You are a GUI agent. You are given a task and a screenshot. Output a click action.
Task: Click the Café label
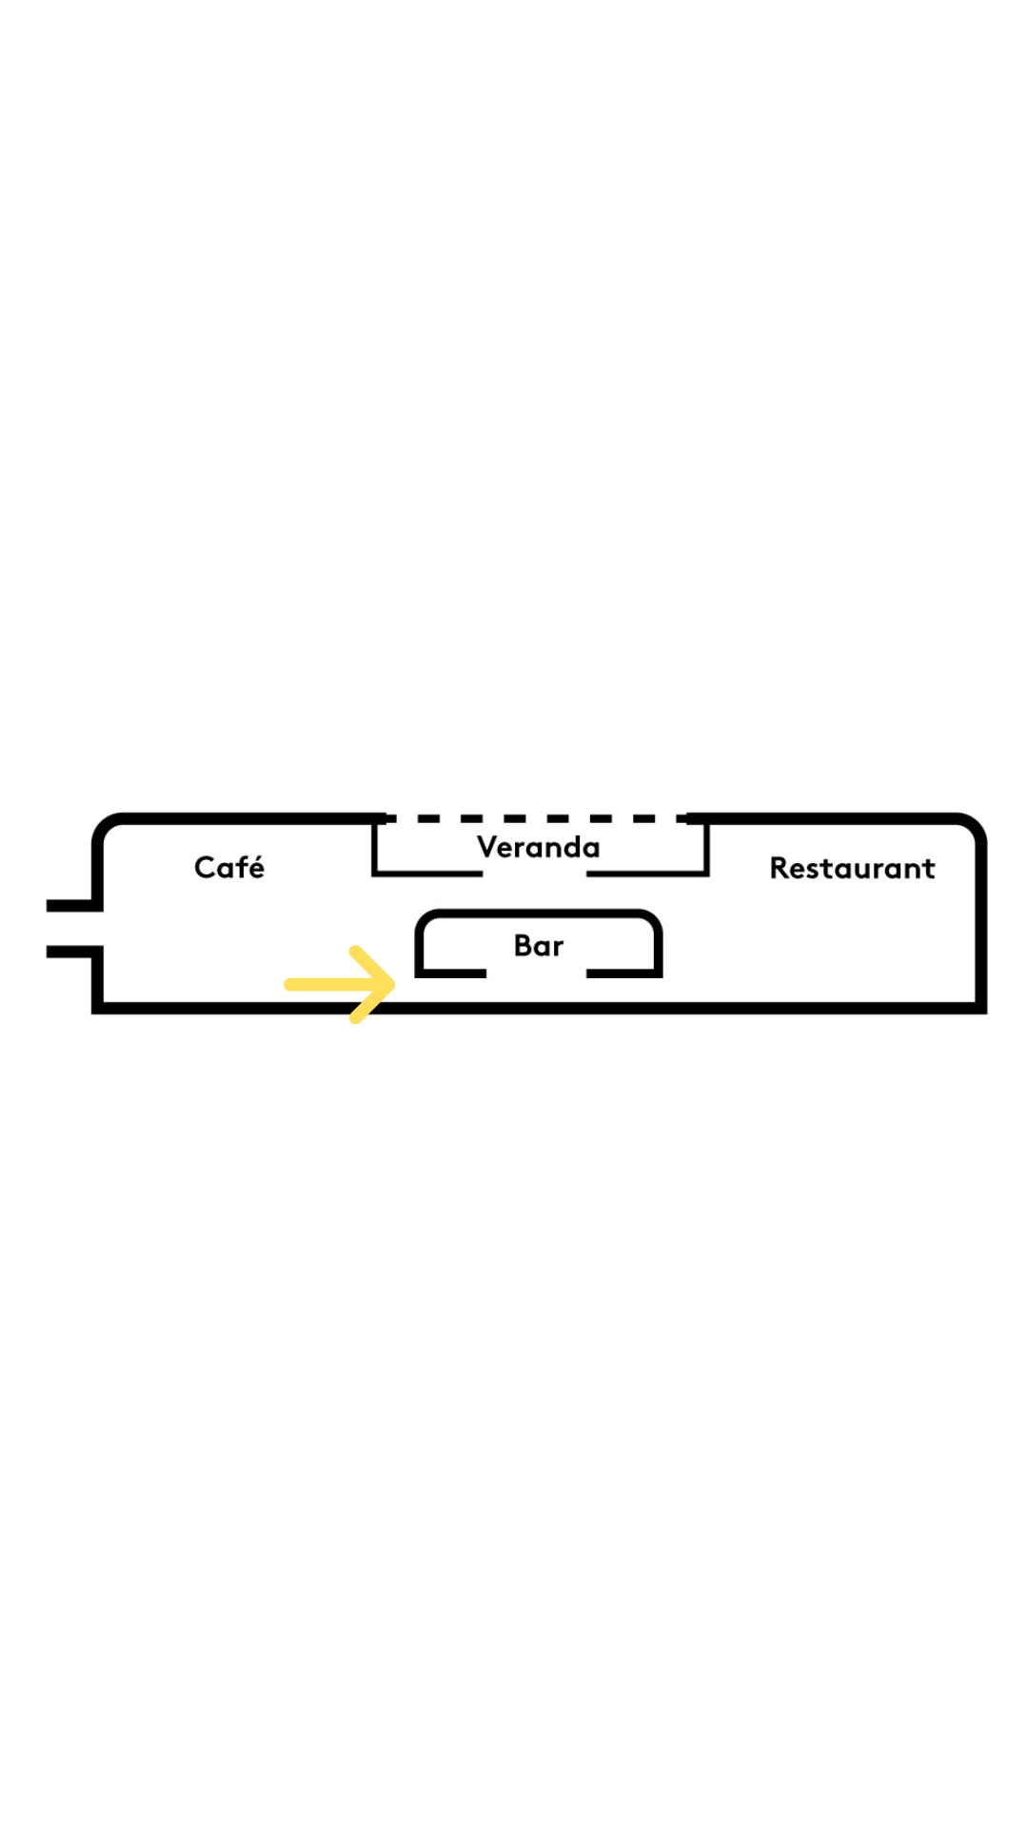pos(228,868)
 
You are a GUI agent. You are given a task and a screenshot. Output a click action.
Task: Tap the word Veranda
pos(538,847)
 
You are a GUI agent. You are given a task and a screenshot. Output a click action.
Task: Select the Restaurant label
pos(852,868)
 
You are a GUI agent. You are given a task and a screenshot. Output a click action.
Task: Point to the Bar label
pos(538,946)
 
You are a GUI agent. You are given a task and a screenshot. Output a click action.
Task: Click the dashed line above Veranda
pos(538,818)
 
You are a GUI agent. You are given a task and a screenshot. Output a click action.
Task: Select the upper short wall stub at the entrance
pos(72,905)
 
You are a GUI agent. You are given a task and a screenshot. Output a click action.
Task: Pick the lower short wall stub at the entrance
pos(72,952)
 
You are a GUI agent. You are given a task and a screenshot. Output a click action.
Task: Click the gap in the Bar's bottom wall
pos(536,972)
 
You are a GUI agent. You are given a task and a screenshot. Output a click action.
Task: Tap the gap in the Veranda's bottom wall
pos(534,873)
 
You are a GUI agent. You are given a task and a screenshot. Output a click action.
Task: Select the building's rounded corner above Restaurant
pos(973,826)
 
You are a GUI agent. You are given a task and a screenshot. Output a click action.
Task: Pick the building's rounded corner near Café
pos(106,826)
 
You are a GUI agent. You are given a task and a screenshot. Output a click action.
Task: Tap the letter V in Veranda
pos(487,846)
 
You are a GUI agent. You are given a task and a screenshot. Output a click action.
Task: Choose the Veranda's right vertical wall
pos(706,847)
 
